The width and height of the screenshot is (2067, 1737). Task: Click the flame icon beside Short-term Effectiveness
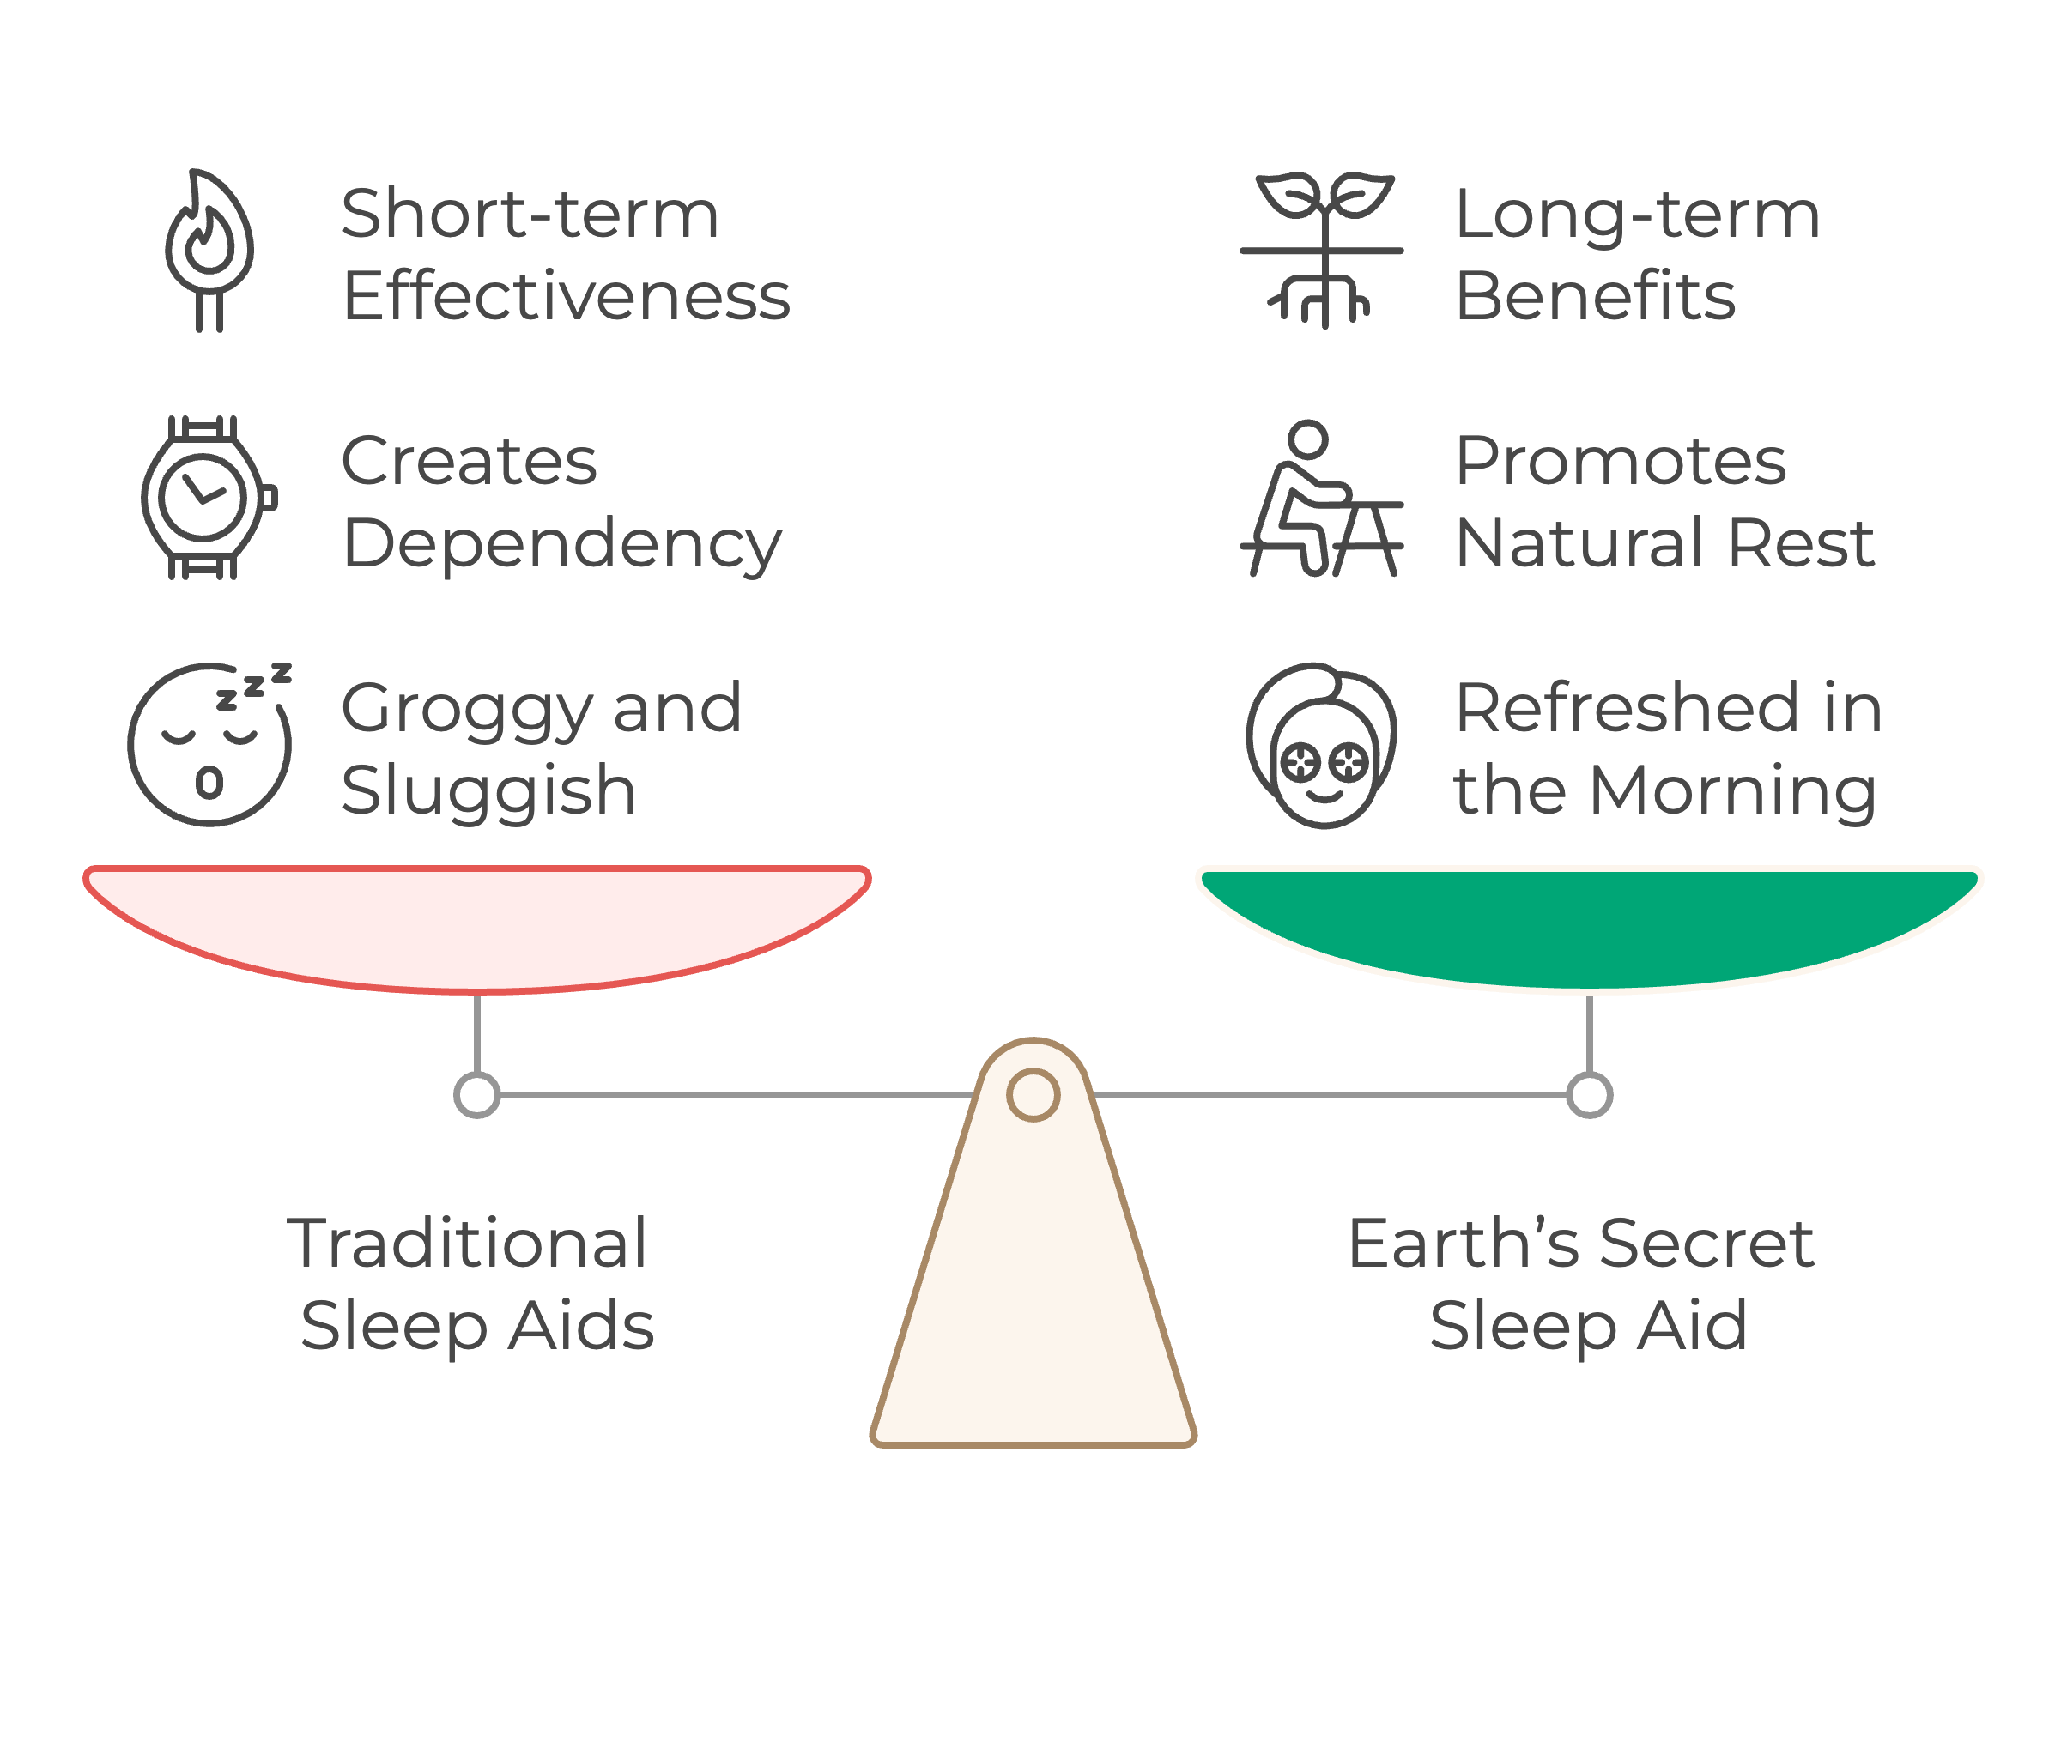209,248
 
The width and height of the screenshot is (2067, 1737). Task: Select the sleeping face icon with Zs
209,744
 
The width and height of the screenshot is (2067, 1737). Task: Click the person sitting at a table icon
1320,499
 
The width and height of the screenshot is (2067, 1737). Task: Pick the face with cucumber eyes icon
1322,746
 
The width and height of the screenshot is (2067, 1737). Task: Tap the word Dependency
561,545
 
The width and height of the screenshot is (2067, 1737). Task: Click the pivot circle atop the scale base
1033,1095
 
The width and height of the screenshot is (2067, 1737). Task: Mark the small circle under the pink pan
476,1095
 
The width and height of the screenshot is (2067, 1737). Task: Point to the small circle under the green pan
1590,1095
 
